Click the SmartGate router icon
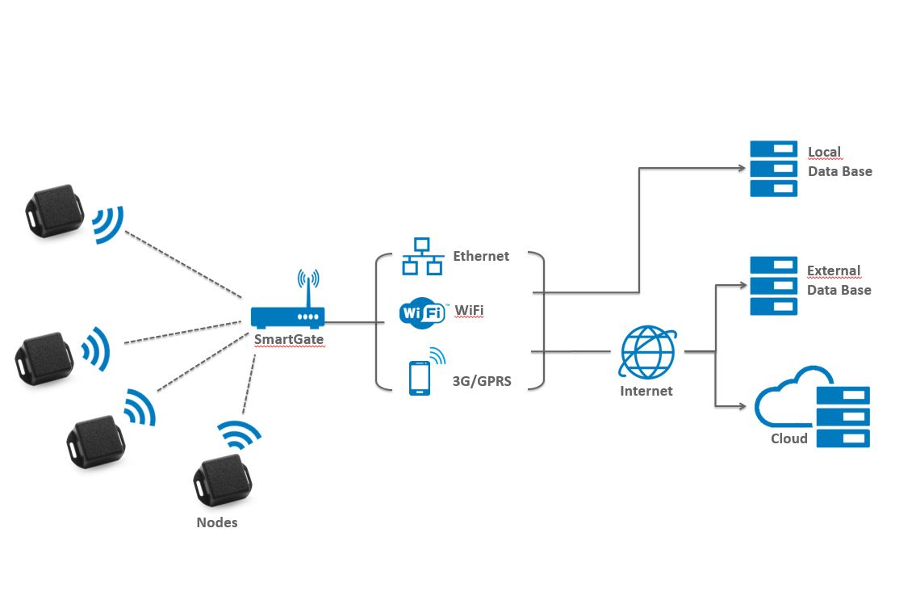(287, 315)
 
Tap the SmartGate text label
(289, 339)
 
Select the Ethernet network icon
(422, 256)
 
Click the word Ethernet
(481, 256)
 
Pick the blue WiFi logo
(422, 312)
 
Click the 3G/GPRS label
(483, 381)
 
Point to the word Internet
(646, 391)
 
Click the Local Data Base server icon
(773, 169)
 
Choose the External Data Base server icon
(773, 286)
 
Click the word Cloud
(788, 438)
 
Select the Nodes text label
(217, 522)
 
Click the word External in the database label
(834, 270)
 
